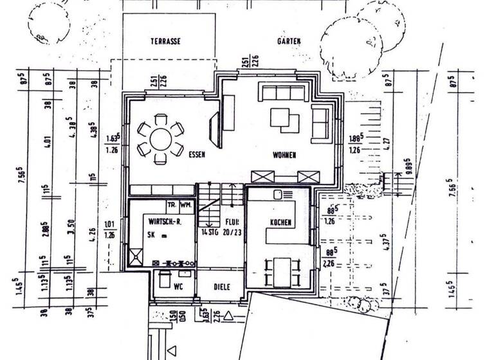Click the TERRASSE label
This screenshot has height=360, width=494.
(165, 41)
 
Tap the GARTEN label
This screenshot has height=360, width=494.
(289, 41)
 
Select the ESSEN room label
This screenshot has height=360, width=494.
(197, 155)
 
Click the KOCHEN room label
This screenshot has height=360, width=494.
(280, 222)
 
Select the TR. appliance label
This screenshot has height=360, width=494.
(172, 205)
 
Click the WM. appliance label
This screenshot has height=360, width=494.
(187, 205)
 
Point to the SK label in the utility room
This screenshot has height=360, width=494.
(151, 235)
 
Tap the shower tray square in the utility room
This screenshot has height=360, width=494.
(137, 257)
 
